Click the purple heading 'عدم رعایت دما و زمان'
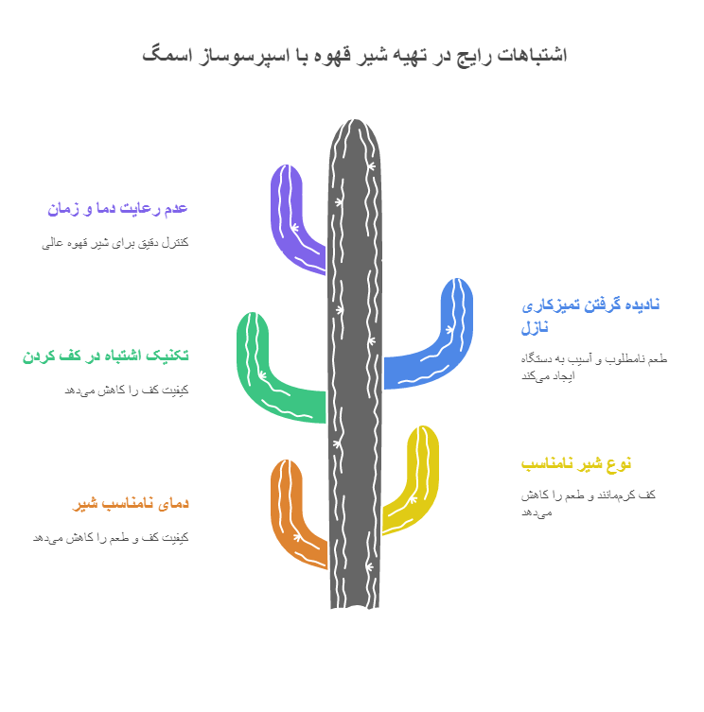click(x=117, y=208)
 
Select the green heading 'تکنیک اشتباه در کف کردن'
click(x=105, y=356)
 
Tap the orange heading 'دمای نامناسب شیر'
click(x=131, y=503)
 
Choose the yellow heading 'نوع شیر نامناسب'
click(x=575, y=463)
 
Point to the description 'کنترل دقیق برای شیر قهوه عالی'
click(x=115, y=242)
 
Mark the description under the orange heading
click(x=110, y=537)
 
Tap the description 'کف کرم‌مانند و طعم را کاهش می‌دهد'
click(x=588, y=503)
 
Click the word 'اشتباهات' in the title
click(x=533, y=54)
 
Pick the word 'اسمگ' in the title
click(x=162, y=54)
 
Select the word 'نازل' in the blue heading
click(x=536, y=328)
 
